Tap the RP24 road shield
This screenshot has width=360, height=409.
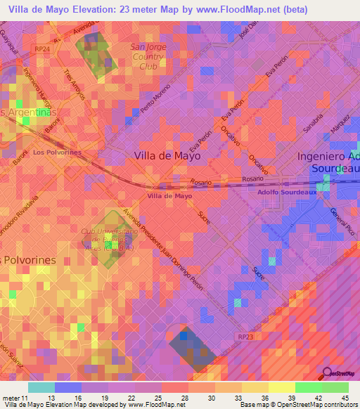[41, 48]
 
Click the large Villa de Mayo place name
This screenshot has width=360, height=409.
[167, 156]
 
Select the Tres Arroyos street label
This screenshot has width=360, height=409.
[74, 84]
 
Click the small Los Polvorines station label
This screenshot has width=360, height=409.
[57, 152]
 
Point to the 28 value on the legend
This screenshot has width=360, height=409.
[184, 398]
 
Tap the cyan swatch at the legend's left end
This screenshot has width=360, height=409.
[41, 387]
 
